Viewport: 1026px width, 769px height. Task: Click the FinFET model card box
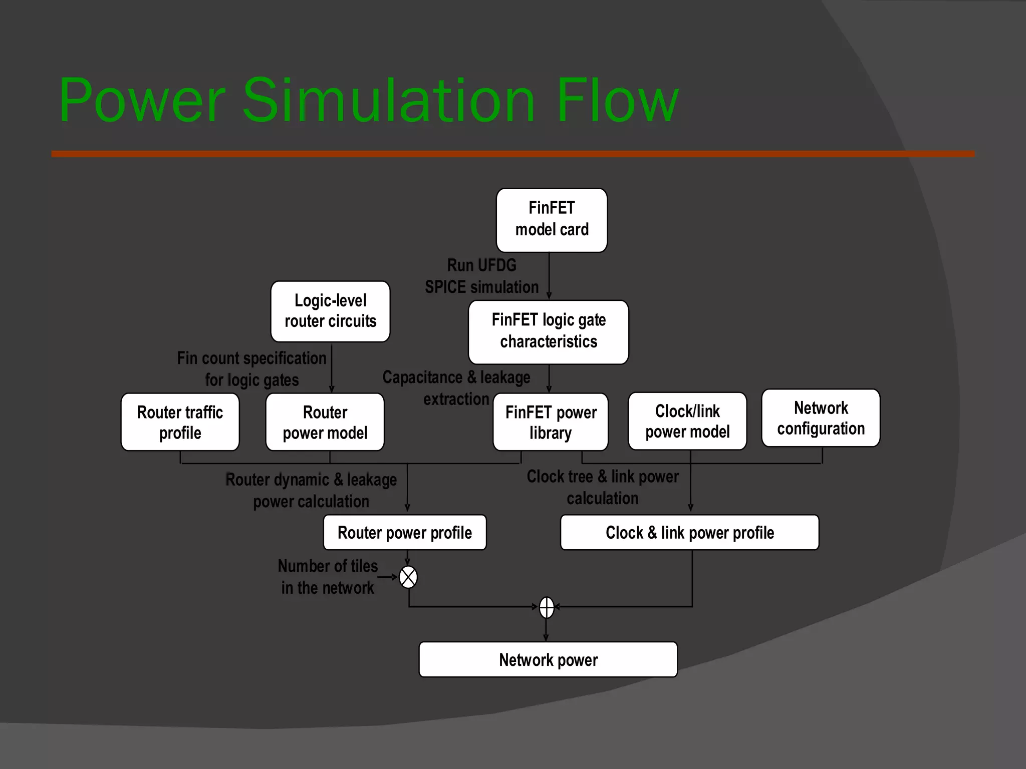pos(552,220)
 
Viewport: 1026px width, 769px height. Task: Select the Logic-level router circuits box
pos(330,311)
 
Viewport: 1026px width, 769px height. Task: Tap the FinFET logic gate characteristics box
pos(548,331)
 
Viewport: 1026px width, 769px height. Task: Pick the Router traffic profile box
pos(180,422)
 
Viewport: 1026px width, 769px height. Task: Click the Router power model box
pos(325,422)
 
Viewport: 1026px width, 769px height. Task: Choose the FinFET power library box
pos(551,422)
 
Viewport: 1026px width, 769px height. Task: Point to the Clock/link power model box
pos(687,421)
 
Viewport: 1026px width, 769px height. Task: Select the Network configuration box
pos(821,418)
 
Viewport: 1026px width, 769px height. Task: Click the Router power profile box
pos(405,532)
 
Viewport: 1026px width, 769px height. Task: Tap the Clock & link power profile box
pos(689,532)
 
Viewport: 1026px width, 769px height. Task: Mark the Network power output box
pos(548,659)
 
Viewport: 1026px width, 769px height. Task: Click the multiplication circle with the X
pos(408,577)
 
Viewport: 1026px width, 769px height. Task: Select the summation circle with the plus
pos(547,607)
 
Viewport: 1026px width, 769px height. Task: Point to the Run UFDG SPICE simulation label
pos(481,276)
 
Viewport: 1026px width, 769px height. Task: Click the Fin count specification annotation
pos(251,369)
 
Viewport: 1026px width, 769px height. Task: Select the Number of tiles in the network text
pos(328,577)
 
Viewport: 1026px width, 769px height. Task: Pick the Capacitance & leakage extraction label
pos(456,388)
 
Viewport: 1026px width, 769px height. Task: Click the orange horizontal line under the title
pos(513,154)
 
